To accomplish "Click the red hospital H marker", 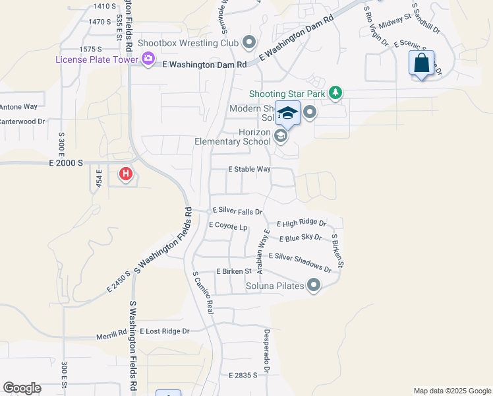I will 125,174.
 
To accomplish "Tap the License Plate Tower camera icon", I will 147,59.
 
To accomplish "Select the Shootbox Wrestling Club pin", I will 249,44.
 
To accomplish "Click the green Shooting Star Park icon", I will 335,93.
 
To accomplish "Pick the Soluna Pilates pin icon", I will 314,286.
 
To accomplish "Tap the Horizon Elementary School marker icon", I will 281,136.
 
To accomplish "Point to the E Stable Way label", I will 249,170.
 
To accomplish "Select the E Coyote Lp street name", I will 228,226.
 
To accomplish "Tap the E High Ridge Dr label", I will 301,224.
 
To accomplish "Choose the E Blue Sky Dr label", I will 300,238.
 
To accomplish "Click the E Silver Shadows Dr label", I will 299,262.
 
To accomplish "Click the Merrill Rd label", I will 111,334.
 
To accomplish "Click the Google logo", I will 22,388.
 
